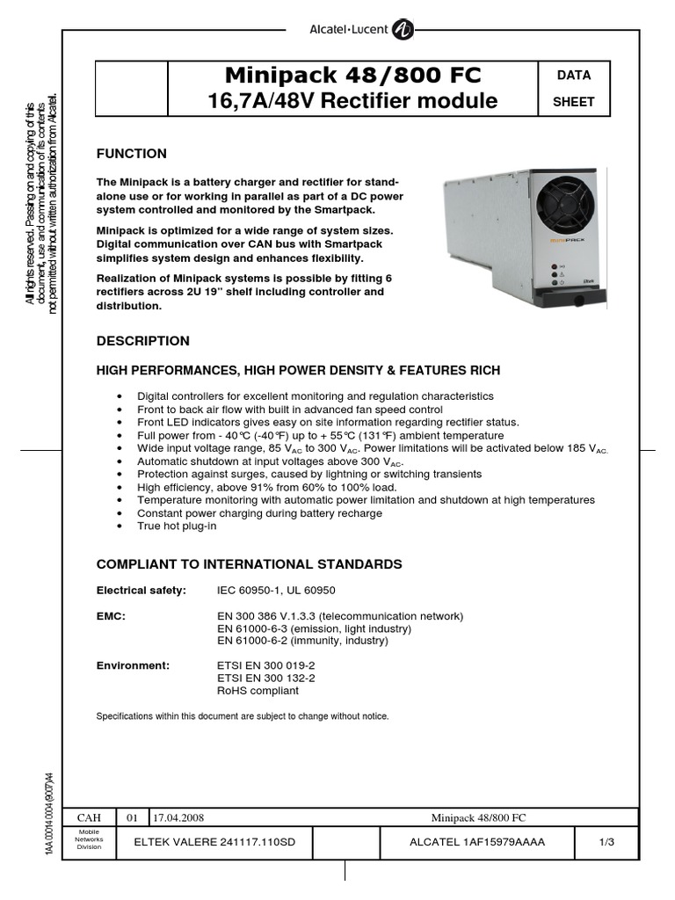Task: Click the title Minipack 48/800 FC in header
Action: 352,75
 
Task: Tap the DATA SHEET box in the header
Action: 573,89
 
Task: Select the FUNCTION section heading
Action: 131,154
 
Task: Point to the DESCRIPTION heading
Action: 142,341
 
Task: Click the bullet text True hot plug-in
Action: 177,526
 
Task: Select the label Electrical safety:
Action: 141,591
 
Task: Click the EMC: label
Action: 111,616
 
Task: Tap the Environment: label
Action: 132,665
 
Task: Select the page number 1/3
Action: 606,842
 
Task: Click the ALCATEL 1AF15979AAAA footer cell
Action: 477,842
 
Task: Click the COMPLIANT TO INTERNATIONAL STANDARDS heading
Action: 249,564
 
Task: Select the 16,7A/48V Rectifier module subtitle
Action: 352,101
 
